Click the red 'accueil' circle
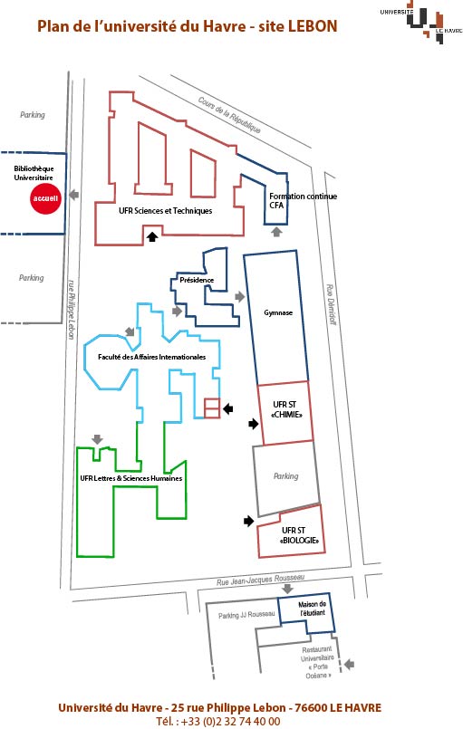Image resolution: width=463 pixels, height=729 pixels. click(45, 198)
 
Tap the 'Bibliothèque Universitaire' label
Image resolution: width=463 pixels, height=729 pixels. click(34, 173)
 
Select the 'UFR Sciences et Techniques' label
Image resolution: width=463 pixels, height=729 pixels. click(165, 211)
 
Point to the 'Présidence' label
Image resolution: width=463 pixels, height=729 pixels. click(197, 280)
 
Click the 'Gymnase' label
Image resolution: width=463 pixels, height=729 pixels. click(278, 312)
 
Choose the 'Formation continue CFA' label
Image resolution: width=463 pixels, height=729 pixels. click(303, 200)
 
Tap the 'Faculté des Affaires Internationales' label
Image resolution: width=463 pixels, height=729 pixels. click(151, 357)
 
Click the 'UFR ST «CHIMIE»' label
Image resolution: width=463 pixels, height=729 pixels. click(286, 409)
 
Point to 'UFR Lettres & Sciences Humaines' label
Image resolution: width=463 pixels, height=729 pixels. click(130, 478)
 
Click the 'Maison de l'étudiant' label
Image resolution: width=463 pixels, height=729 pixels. click(313, 609)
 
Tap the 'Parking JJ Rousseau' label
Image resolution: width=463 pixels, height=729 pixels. click(246, 615)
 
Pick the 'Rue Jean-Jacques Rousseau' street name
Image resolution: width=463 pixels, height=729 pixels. click(260, 580)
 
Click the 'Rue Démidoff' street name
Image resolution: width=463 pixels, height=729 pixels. click(331, 304)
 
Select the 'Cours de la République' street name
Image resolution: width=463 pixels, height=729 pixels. click(229, 114)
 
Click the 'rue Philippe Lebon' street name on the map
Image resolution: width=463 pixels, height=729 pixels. click(72, 309)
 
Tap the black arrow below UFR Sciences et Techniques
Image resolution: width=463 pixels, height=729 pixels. click(152, 236)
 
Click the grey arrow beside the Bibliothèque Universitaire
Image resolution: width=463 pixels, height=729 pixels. click(74, 196)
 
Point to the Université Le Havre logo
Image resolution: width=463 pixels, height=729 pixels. click(421, 24)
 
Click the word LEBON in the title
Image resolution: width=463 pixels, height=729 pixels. click(313, 26)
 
